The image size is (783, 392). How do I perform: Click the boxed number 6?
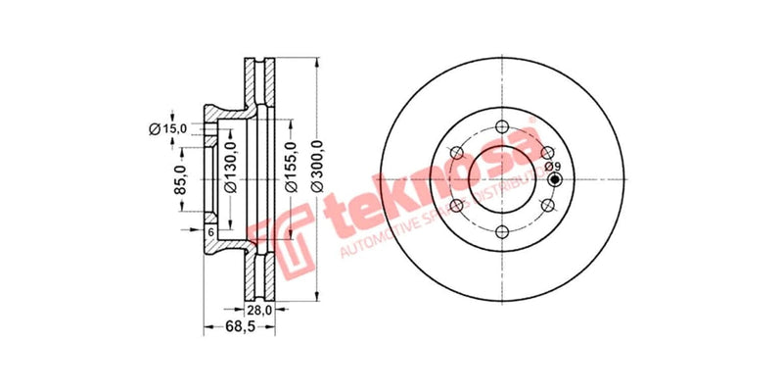point(209,231)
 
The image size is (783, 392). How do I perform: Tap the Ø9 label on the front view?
point(554,166)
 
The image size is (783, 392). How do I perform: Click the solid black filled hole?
point(555,179)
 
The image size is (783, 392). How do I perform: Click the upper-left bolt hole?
point(456,153)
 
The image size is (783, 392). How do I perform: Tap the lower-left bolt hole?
point(456,206)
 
